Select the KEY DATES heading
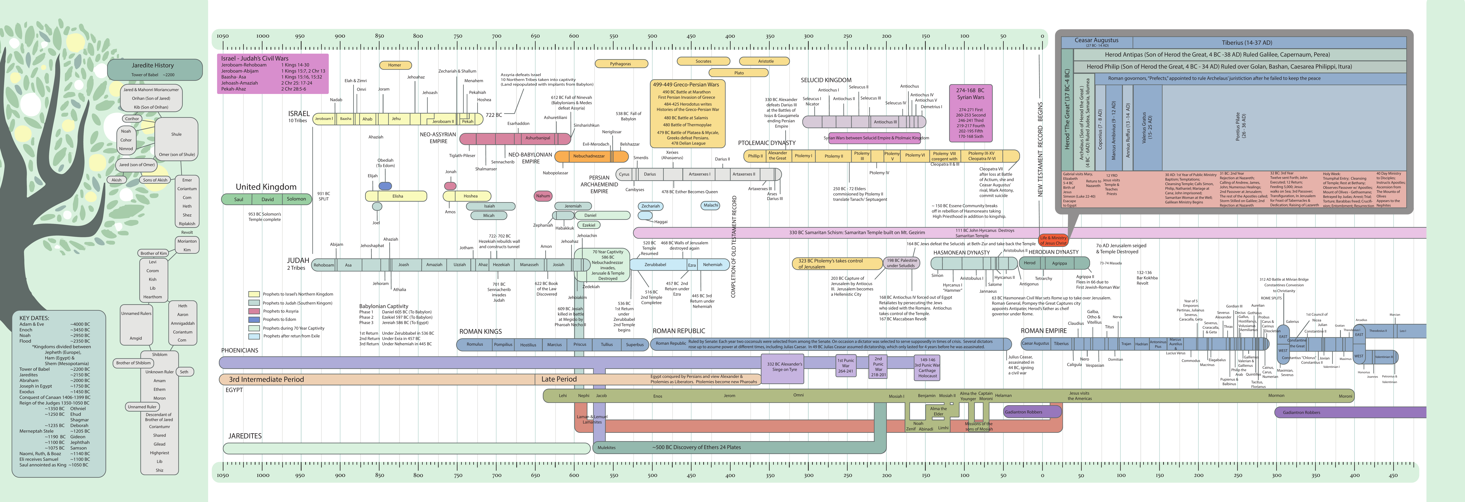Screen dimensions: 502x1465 tap(34, 318)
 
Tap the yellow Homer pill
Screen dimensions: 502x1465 tap(395, 65)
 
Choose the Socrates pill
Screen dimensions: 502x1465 tap(704, 61)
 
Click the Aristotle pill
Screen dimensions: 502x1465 tap(766, 61)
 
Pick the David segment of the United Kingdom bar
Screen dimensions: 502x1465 tap(268, 199)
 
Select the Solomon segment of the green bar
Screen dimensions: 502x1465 tap(296, 199)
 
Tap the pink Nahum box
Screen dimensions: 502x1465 tap(543, 196)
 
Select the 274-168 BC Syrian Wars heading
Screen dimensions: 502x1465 tap(970, 93)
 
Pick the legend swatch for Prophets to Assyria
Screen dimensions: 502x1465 tap(254, 311)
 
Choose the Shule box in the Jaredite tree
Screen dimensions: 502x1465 tap(176, 134)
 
